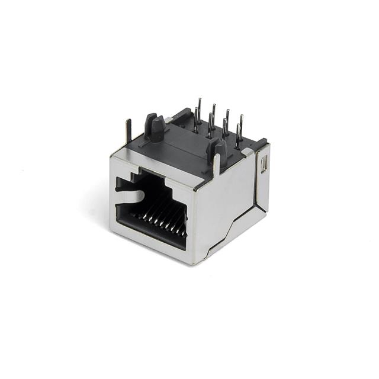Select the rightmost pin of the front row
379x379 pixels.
click(x=238, y=136)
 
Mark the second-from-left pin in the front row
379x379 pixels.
click(x=224, y=129)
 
